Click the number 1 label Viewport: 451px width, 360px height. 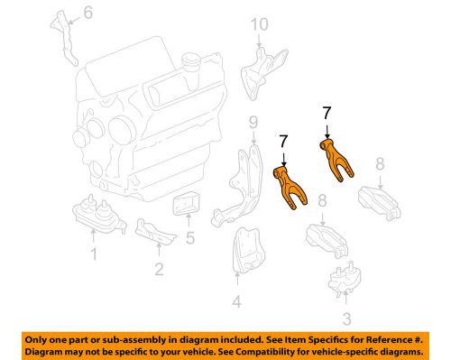(x=92, y=256)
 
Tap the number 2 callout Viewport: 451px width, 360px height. (x=159, y=267)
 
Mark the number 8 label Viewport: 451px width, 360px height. (x=381, y=162)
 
